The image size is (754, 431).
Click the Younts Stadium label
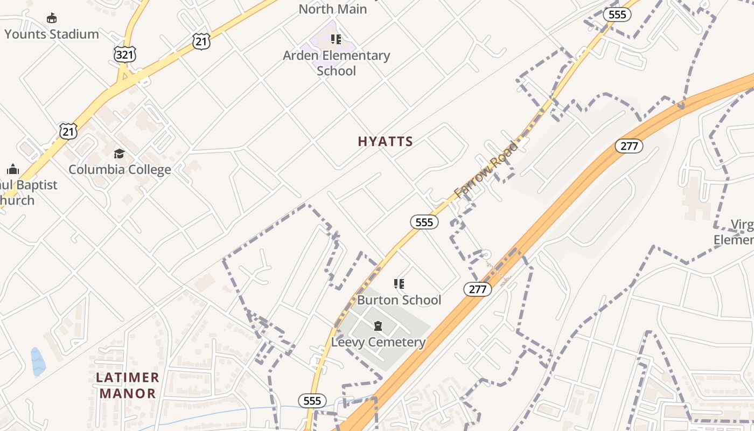[x=52, y=34]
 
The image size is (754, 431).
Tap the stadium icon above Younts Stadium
[x=52, y=18]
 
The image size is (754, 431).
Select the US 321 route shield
[x=125, y=54]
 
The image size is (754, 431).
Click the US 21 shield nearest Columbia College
[x=68, y=131]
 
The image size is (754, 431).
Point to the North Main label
[x=332, y=9]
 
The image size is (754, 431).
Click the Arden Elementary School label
[x=337, y=63]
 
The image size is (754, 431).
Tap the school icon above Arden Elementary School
[x=336, y=39]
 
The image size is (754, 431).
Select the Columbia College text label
[x=120, y=169]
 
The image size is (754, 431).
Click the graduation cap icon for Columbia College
[x=119, y=154]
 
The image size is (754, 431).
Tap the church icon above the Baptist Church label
[x=13, y=169]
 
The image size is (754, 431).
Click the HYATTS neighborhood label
[x=385, y=142]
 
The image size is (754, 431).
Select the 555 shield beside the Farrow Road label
[x=424, y=221]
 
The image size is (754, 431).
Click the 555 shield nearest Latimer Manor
[x=312, y=400]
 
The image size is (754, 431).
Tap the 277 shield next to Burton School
[x=477, y=289]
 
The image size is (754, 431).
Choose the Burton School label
[x=399, y=300]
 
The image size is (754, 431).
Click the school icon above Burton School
[x=399, y=284]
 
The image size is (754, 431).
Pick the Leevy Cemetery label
[x=378, y=342]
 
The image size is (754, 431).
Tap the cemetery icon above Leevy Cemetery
[x=378, y=326]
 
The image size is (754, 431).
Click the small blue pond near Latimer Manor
[x=38, y=362]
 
